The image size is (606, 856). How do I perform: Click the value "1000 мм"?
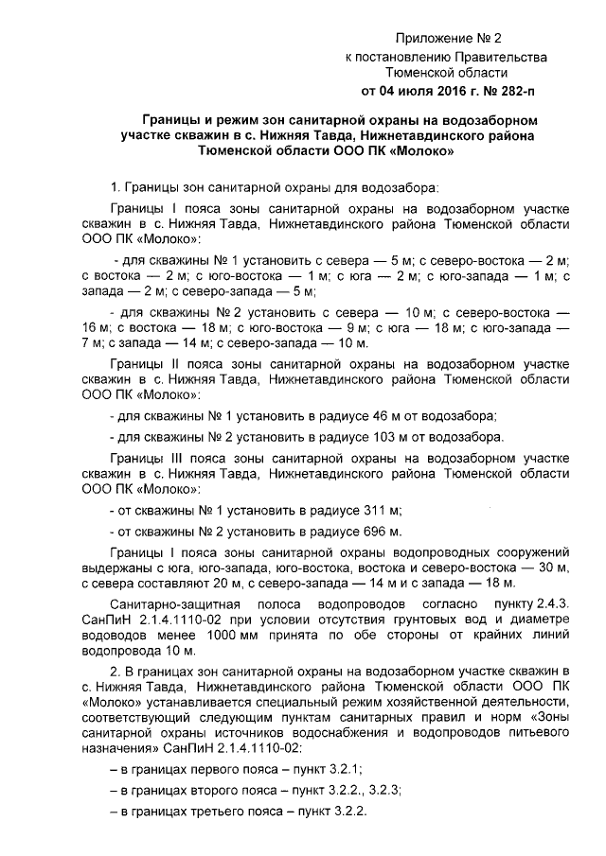pyautogui.click(x=269, y=636)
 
